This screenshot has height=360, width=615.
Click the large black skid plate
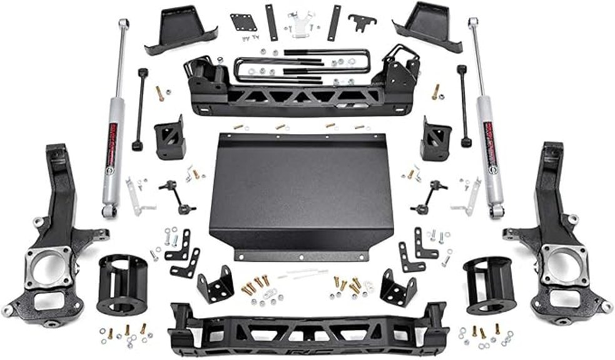coord(300,188)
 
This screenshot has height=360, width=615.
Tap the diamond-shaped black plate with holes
coord(243,23)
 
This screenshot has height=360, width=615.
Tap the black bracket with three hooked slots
coord(362,22)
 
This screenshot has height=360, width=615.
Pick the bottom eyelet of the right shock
coord(497,211)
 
